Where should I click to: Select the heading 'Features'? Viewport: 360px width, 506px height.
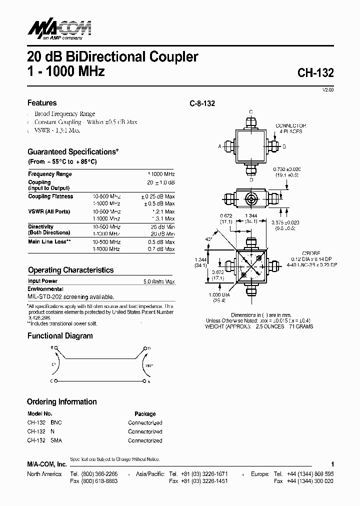click(42, 103)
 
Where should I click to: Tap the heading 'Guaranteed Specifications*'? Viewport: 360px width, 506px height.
click(73, 151)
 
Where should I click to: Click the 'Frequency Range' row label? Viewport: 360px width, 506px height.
click(50, 174)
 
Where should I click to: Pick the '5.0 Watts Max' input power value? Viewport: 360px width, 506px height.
click(158, 281)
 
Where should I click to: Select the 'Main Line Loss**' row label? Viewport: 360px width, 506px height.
click(49, 242)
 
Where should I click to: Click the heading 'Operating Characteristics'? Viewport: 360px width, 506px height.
click(70, 270)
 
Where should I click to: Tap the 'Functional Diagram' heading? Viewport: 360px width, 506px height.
click(60, 336)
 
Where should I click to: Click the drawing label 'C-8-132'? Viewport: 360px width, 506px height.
click(202, 103)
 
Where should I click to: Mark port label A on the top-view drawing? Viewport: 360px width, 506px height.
click(219, 146)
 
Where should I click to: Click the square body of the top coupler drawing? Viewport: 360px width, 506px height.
click(251, 146)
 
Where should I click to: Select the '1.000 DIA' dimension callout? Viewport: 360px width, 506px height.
click(219, 295)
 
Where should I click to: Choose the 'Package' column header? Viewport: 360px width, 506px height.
click(145, 414)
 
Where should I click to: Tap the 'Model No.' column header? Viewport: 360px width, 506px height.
click(39, 414)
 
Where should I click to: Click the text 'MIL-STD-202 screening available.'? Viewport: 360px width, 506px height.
click(67, 296)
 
